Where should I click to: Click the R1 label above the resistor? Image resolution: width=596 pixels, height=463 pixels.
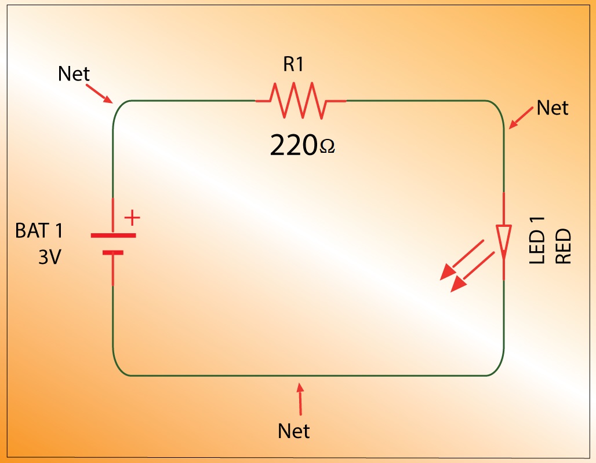pos(293,64)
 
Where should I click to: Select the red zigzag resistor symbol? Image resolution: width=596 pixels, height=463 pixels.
pos(300,100)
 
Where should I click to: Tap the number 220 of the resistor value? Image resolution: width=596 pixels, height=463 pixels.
pos(294,146)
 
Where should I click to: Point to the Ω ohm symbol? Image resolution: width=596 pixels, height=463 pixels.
pos(327,149)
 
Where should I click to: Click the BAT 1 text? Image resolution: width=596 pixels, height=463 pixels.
pos(39,231)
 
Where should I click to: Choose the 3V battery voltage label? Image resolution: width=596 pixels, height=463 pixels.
pos(49,257)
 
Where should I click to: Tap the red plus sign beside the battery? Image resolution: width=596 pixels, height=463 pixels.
pos(133,218)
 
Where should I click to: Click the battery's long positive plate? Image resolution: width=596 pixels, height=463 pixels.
pos(113,236)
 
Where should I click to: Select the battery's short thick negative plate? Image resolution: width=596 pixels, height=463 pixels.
pos(113,252)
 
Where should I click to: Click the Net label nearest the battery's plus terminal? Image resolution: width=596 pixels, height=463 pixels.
pos(74,74)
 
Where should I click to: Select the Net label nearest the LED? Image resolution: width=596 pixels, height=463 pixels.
pos(553,108)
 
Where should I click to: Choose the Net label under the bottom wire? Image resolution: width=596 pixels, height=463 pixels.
pos(294,431)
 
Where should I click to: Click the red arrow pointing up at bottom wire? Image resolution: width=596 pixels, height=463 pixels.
pos(300,399)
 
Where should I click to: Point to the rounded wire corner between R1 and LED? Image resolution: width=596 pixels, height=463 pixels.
pos(497,106)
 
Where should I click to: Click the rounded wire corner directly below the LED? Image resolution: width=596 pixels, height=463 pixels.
pos(497,369)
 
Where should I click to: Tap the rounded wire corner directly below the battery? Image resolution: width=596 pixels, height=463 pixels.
pos(119,369)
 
